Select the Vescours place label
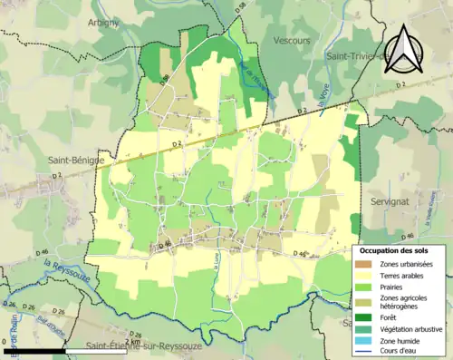[x=292, y=40]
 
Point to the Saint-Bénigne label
[x=73, y=161]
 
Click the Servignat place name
[x=392, y=199]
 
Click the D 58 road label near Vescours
[x=239, y=7]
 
